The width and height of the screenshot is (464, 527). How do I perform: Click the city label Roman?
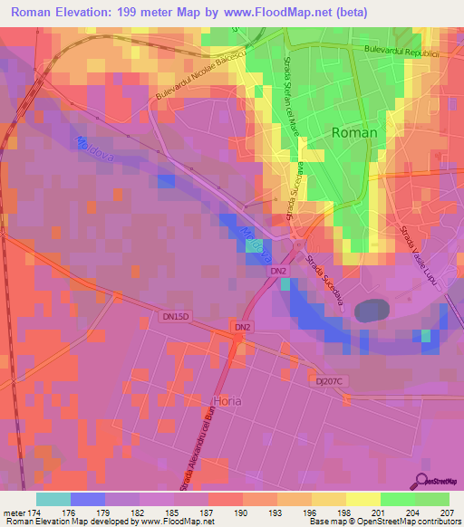[x=354, y=132]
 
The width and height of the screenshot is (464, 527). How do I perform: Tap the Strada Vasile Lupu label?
[x=418, y=257]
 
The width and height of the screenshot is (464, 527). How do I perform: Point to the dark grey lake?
[x=372, y=311]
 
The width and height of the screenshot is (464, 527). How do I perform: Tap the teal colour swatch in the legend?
[x=53, y=499]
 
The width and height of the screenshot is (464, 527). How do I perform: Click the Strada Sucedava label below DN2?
[x=322, y=283]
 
